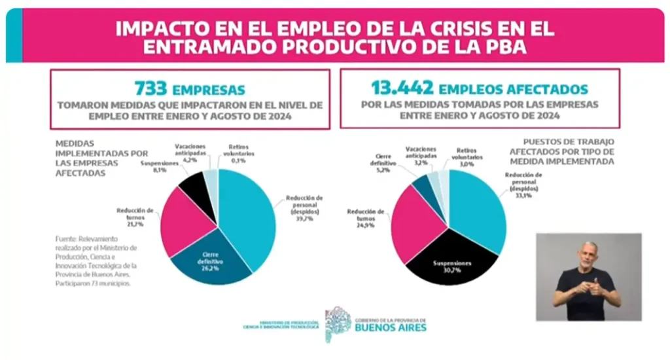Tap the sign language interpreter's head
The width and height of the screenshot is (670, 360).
coord(590,254)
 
